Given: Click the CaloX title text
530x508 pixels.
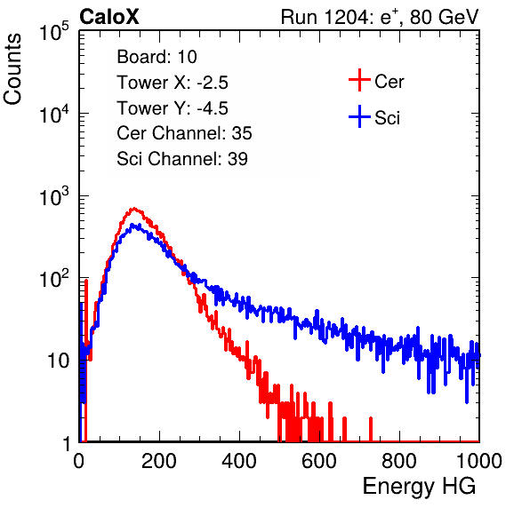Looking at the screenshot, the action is pos(109,17).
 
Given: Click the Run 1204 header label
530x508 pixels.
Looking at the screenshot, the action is pos(380,17).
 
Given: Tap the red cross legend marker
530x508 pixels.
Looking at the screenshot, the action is pos(359,80).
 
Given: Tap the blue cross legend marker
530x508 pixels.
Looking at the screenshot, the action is pos(359,116).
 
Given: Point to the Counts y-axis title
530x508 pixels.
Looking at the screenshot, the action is pos(12,69).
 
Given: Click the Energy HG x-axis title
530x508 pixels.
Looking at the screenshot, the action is pos(419,486).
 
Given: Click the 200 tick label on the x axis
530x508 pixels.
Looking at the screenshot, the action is pos(159,461).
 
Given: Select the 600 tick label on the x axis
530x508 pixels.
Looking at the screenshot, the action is pos(319,461).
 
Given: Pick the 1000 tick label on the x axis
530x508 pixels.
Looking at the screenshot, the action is pos(479,461).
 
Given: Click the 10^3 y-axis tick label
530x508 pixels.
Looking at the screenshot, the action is pos(54,195).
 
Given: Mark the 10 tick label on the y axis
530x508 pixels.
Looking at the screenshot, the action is pos(58,361).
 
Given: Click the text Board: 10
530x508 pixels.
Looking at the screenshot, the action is pos(157,57).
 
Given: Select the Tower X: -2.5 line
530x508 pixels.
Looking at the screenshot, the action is pos(173,83).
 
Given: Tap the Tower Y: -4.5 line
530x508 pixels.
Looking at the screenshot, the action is pos(173,108).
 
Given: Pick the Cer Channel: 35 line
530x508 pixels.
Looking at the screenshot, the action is pos(184,133).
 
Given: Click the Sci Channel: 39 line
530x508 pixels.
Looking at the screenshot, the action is pos(182,159).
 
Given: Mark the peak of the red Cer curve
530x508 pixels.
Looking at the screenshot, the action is pos(134,209).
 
